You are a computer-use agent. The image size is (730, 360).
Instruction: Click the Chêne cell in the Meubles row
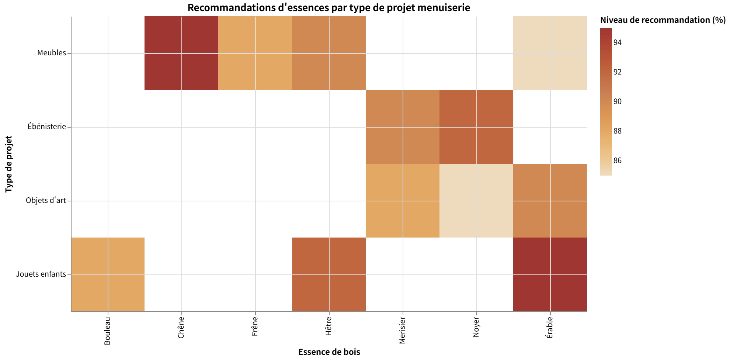tap(181, 53)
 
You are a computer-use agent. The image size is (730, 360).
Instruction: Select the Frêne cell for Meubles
tap(255, 53)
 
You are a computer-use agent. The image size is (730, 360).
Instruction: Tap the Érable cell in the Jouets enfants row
tap(550, 274)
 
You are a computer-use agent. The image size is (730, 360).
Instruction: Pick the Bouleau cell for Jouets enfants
tap(108, 274)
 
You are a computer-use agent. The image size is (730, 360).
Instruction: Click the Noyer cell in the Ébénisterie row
tap(476, 127)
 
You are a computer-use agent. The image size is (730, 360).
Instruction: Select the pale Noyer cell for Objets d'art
tap(476, 201)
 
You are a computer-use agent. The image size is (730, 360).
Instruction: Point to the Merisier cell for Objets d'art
tap(403, 201)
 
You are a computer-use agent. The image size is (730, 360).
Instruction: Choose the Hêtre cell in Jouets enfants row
tap(329, 274)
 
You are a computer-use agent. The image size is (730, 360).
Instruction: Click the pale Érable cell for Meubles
tap(550, 53)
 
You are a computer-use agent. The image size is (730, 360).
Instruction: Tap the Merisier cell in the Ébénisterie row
tap(403, 127)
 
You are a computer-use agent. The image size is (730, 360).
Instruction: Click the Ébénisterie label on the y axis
tap(47, 127)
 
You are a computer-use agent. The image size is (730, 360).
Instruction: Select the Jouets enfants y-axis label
tap(41, 274)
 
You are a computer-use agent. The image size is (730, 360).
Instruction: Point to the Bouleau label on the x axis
tap(107, 331)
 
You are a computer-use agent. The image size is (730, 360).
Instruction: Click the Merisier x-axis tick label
tap(402, 330)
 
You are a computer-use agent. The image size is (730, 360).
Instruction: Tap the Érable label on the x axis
tap(550, 328)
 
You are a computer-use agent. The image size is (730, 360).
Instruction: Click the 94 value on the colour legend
tap(617, 43)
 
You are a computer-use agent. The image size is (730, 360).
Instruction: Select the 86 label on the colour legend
tap(617, 161)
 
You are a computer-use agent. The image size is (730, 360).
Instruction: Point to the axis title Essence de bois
tap(329, 352)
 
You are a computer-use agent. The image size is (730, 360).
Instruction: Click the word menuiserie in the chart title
tap(444, 7)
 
